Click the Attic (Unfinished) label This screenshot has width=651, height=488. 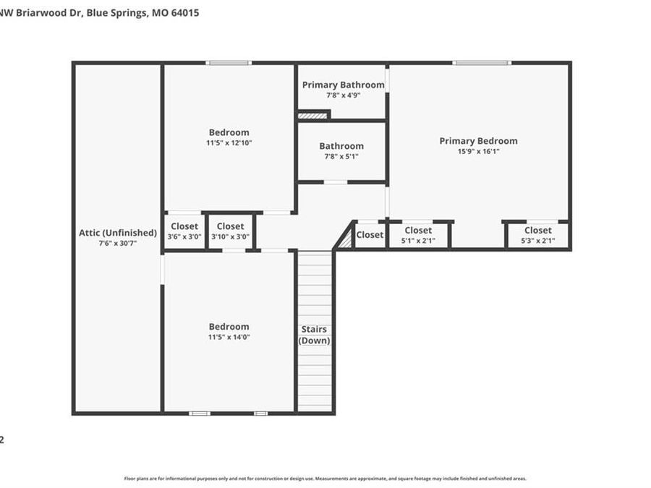118,233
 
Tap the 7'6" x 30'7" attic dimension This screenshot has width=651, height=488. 118,244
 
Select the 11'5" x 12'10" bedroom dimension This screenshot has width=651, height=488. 229,143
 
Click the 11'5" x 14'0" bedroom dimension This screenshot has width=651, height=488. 229,337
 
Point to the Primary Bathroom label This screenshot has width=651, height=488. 343,85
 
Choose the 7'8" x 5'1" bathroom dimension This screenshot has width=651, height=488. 341,156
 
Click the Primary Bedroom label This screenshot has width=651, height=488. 478,141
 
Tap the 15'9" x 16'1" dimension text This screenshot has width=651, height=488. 478,152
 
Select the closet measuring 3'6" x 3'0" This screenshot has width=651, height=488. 184,231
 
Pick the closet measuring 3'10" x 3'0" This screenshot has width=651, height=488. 230,231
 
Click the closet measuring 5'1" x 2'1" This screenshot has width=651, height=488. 418,236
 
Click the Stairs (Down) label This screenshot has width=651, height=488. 315,335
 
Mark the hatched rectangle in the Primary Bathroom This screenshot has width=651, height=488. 313,114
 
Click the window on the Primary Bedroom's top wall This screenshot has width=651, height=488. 482,63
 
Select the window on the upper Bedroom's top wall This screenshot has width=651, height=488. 229,63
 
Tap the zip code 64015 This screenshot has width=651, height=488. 185,13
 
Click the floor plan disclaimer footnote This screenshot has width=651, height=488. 325,479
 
